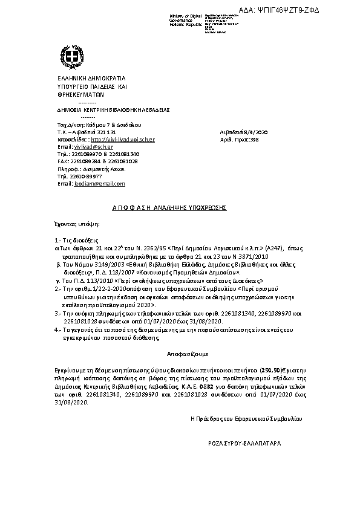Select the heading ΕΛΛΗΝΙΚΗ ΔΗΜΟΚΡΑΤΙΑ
(x=83, y=79)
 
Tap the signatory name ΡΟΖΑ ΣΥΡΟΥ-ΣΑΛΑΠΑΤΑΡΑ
(x=244, y=443)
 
